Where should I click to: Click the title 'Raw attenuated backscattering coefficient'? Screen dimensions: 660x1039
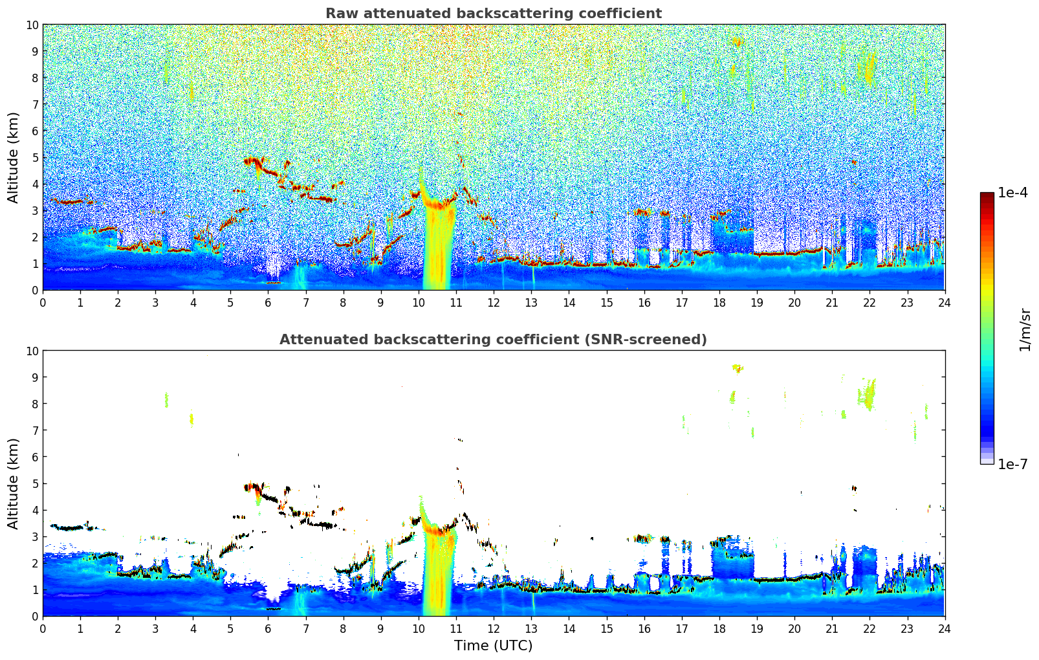pyautogui.click(x=493, y=14)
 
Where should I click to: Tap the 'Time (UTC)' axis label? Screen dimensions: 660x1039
pyautogui.click(x=493, y=646)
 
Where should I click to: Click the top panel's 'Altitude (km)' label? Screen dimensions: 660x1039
pyautogui.click(x=14, y=157)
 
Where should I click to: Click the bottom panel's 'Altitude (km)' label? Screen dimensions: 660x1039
pyautogui.click(x=14, y=483)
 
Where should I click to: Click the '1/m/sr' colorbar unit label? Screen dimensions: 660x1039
pyautogui.click(x=1024, y=329)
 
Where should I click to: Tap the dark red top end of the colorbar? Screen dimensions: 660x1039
pyautogui.click(x=987, y=195)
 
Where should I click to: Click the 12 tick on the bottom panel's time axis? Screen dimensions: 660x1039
pyautogui.click(x=494, y=629)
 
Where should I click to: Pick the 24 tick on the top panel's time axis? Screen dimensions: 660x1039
pyautogui.click(x=945, y=303)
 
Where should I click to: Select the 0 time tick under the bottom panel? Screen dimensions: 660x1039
pyautogui.click(x=43, y=629)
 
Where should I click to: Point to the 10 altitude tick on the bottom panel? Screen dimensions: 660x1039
pyautogui.click(x=32, y=351)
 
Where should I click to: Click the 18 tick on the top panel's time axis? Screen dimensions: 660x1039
pyautogui.click(x=719, y=303)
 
